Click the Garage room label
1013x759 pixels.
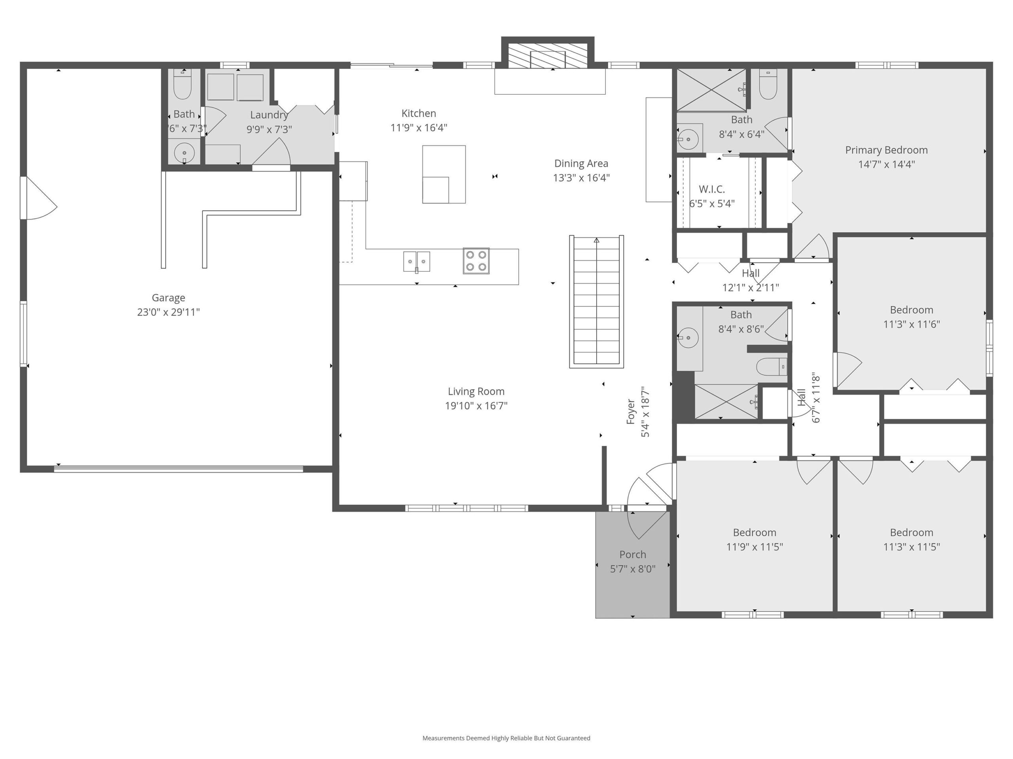coord(169,298)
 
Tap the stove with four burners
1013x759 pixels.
coord(476,261)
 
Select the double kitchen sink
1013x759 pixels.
coord(417,262)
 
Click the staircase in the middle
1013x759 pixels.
coord(596,302)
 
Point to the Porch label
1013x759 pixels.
coord(633,555)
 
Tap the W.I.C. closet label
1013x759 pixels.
coord(711,189)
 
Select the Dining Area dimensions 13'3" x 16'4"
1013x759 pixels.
coord(581,178)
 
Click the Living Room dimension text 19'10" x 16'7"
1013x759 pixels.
coord(476,406)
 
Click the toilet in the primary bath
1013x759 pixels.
coord(768,85)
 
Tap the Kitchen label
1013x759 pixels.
coord(419,113)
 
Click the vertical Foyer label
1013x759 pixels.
coord(631,412)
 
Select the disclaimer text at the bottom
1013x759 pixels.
coord(506,738)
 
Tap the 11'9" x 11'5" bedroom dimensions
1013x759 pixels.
coord(755,547)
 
